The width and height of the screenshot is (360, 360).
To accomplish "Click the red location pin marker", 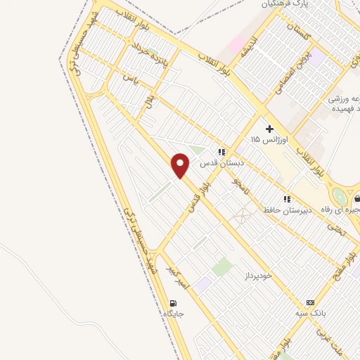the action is pyautogui.click(x=181, y=165).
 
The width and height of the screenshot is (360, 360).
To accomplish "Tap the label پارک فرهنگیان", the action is pyautogui.click(x=287, y=5).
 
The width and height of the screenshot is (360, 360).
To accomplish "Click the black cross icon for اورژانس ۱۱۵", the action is pyautogui.click(x=269, y=129).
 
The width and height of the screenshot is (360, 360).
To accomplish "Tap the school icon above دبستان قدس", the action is pyautogui.click(x=221, y=151).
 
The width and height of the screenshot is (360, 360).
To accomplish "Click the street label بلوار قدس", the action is pyautogui.click(x=198, y=194).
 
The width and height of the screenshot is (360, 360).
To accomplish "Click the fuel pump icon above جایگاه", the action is pyautogui.click(x=172, y=304).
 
